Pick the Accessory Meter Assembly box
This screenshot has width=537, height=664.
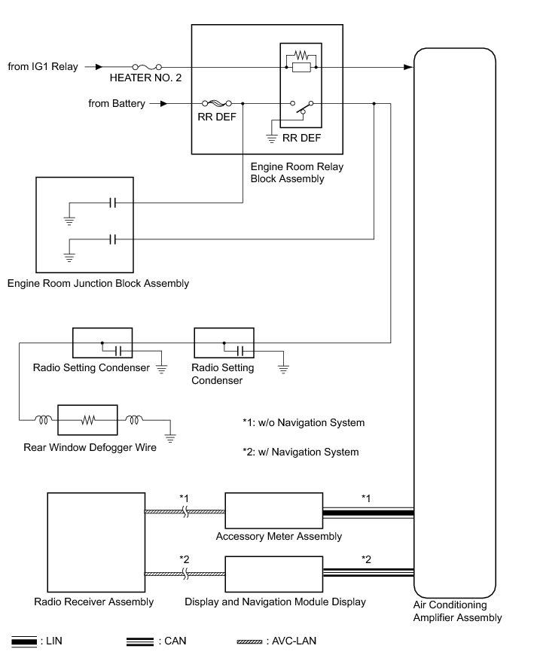(x=273, y=512)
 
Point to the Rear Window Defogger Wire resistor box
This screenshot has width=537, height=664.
(x=88, y=420)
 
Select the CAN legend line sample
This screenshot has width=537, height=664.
(x=140, y=641)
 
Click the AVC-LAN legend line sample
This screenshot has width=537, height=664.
(x=249, y=641)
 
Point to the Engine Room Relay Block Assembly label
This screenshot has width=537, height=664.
(x=286, y=173)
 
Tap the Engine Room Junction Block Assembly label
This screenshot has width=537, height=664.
(x=98, y=284)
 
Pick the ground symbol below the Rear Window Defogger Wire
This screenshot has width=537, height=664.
(x=171, y=437)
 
